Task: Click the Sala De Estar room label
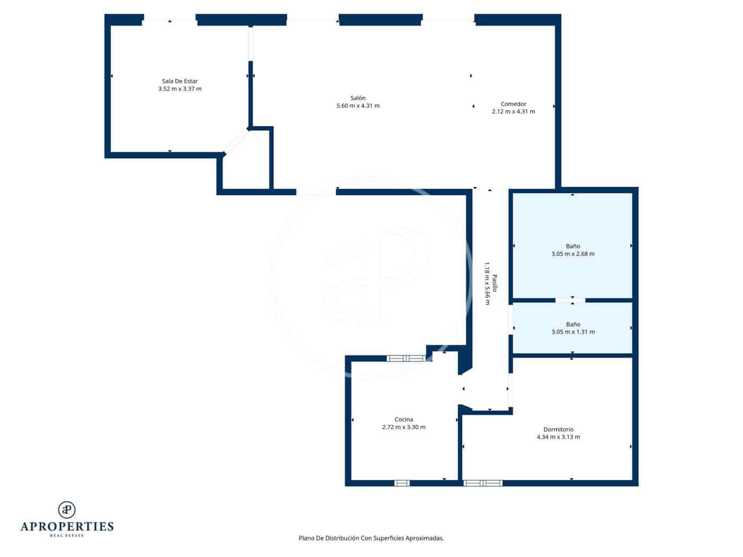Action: pyautogui.click(x=180, y=81)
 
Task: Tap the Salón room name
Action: pyautogui.click(x=358, y=98)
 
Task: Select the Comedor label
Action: pyautogui.click(x=513, y=104)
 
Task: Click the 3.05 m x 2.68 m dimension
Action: pyautogui.click(x=573, y=254)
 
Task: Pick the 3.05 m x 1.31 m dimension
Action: pyautogui.click(x=573, y=332)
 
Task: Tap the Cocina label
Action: pyautogui.click(x=403, y=420)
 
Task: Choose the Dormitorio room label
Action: pyautogui.click(x=558, y=430)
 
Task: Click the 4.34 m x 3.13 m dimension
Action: pyautogui.click(x=558, y=437)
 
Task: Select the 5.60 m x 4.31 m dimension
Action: pyautogui.click(x=358, y=106)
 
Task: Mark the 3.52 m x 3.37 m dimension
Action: pyautogui.click(x=180, y=89)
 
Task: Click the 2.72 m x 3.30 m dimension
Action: pyautogui.click(x=403, y=427)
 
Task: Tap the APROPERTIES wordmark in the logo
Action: pyautogui.click(x=67, y=526)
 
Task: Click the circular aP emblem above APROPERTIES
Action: pyautogui.click(x=67, y=509)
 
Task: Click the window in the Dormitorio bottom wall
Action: pyautogui.click(x=482, y=483)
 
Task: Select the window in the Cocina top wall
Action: pyautogui.click(x=406, y=359)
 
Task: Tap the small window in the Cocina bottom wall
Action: pyautogui.click(x=402, y=483)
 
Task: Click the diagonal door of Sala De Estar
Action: pyautogui.click(x=236, y=142)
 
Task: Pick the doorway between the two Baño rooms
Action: pyautogui.click(x=571, y=300)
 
